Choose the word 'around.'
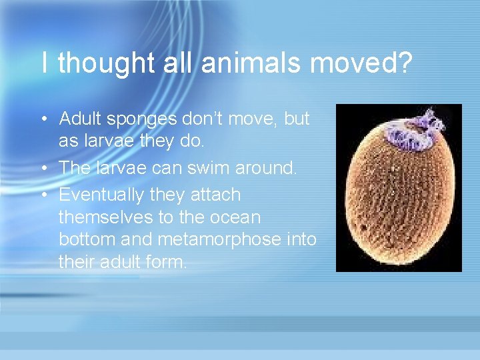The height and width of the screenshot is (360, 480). [263, 167]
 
